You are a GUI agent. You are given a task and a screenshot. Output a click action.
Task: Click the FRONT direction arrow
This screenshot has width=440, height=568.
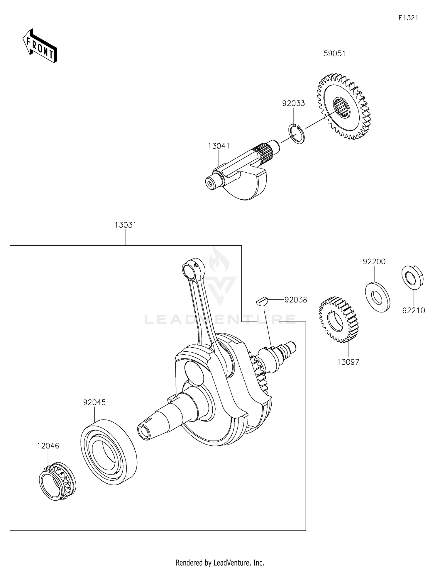click(x=40, y=46)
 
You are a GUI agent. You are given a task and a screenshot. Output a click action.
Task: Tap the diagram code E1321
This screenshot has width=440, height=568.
click(x=408, y=18)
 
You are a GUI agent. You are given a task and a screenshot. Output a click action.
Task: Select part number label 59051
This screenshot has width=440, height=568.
click(x=334, y=54)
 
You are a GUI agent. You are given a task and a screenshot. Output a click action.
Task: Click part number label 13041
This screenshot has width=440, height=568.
click(x=219, y=146)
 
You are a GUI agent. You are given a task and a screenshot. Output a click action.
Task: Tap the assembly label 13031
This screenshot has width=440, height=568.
click(x=126, y=225)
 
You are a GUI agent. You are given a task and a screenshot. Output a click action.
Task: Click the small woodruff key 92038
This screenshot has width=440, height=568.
click(x=261, y=301)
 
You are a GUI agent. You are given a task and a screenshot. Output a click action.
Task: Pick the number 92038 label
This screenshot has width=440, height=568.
click(x=296, y=300)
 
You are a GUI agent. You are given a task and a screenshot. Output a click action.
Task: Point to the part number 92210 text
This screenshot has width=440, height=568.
click(x=414, y=311)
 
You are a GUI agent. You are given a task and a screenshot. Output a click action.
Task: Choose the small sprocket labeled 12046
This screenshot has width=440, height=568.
click(x=57, y=481)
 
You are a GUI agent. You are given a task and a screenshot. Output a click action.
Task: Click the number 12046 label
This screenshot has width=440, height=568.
click(x=48, y=446)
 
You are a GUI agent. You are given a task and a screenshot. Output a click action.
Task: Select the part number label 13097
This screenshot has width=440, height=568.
click(x=348, y=362)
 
